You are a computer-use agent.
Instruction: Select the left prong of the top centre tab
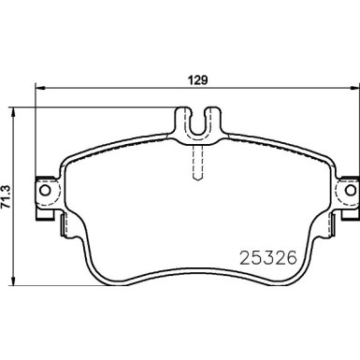point(182,119)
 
